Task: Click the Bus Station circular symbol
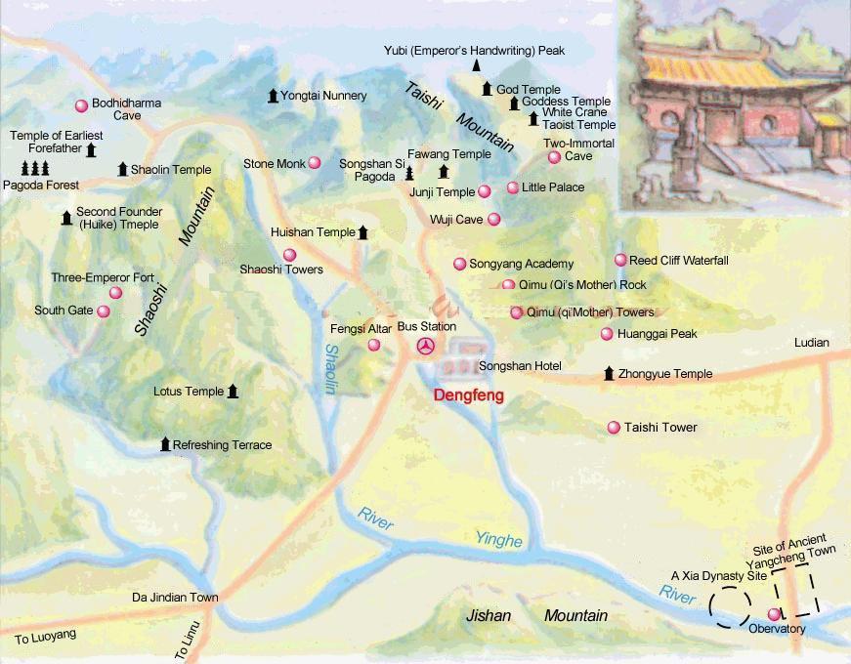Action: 425,346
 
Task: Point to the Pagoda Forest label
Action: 40,185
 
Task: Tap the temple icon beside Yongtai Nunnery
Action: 273,96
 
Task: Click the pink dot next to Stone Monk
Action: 315,163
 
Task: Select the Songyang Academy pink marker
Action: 459,264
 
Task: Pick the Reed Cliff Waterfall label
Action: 679,261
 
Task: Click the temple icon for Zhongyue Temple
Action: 609,373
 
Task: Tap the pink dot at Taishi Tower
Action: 614,427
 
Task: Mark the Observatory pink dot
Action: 775,614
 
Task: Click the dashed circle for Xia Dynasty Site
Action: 730,606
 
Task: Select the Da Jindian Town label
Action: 175,597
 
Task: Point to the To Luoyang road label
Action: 45,637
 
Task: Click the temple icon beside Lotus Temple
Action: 233,392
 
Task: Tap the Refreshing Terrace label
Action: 222,445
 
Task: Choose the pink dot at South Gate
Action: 103,311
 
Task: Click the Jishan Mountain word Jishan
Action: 489,615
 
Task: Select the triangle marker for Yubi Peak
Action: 476,65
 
